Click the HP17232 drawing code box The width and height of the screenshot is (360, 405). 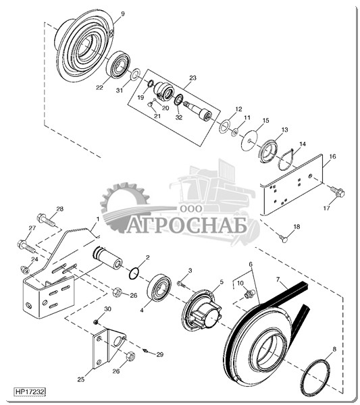[30, 391]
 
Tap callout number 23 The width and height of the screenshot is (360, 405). [192, 78]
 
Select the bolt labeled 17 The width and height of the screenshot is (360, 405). [338, 192]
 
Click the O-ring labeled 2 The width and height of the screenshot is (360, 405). [134, 274]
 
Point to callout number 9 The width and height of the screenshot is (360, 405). [123, 13]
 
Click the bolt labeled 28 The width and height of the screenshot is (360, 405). [46, 220]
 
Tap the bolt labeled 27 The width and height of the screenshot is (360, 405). [26, 246]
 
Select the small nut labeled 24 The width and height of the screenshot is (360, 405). [25, 269]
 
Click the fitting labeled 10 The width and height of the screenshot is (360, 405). [249, 294]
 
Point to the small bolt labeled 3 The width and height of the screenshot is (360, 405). [182, 284]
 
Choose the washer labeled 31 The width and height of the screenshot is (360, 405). [134, 74]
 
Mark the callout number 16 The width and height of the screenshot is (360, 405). [332, 157]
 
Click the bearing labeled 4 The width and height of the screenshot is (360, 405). [159, 288]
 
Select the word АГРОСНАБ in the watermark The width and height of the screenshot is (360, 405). [186, 225]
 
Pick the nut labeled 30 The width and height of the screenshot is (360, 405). [96, 322]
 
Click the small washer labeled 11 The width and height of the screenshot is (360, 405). [234, 132]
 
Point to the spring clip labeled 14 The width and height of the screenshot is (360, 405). [286, 160]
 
